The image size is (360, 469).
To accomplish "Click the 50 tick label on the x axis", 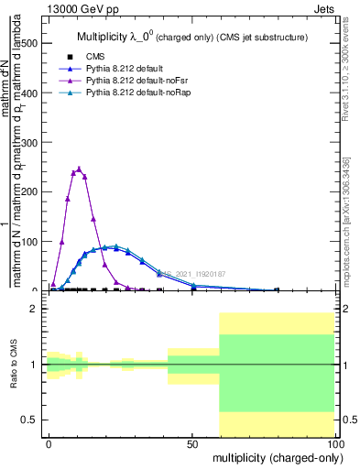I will coord(192,443).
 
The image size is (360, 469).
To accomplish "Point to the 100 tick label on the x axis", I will coord(334,443).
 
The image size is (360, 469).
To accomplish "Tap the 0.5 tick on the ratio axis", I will coord(34,420).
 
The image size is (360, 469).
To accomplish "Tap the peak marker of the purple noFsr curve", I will coord(80,169).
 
